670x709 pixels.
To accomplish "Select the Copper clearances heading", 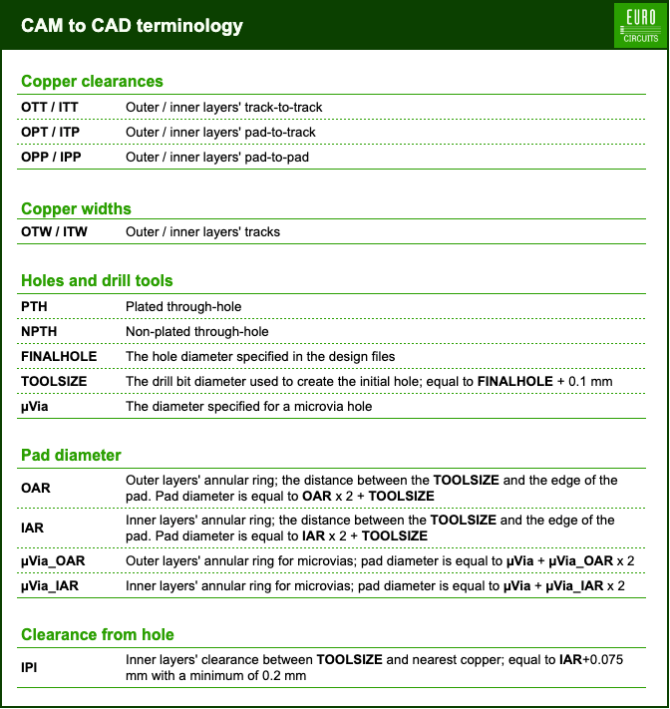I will [x=92, y=82].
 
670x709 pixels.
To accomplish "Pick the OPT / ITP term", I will [x=51, y=132].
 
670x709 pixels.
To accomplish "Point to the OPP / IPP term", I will [x=51, y=157].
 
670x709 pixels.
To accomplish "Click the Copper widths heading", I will [x=76, y=208].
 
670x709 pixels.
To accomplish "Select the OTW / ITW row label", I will [x=54, y=232].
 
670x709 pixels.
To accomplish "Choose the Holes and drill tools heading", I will [x=97, y=281].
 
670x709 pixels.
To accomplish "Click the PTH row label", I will [x=35, y=306].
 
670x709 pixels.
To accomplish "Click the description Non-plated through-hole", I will [x=197, y=331].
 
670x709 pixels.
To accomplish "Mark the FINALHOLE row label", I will [x=54, y=356].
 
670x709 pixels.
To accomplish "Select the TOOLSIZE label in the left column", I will [x=54, y=381].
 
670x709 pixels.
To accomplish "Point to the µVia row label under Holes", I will [x=37, y=406].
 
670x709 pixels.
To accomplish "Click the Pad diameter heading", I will [x=71, y=456].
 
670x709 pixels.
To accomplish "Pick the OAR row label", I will [x=35, y=488].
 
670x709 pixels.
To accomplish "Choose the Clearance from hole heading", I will [x=98, y=635].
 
